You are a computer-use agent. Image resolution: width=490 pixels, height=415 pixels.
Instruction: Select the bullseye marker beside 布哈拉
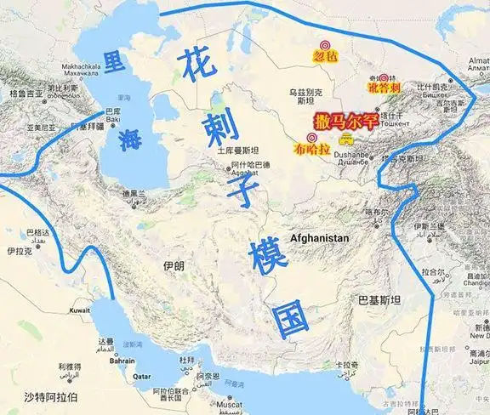[311, 137]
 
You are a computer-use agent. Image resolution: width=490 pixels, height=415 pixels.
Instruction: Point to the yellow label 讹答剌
[383, 88]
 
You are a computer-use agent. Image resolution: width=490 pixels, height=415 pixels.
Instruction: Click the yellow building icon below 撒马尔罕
[345, 137]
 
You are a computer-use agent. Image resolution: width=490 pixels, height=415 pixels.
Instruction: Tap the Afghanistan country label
[319, 238]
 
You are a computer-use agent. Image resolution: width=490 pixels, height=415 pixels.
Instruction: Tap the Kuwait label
[80, 310]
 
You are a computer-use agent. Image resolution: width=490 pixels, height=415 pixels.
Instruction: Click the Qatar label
[140, 375]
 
